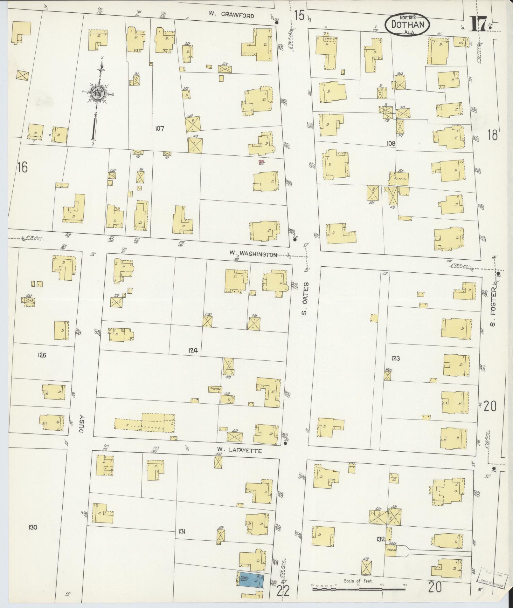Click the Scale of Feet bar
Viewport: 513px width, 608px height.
(x=358, y=589)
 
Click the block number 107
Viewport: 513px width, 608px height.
(x=159, y=128)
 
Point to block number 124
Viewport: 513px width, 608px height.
(x=193, y=351)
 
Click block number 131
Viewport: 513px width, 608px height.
(x=182, y=531)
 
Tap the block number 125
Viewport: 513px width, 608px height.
(x=41, y=355)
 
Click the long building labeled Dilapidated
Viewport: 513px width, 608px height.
(x=145, y=423)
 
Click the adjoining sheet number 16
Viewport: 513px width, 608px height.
(x=23, y=167)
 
